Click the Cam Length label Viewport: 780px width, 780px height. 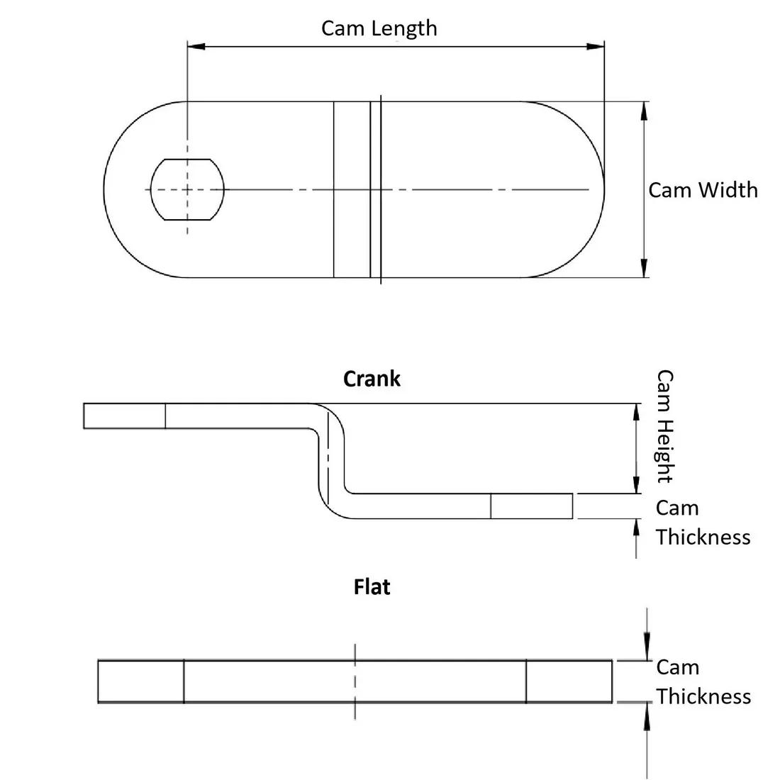click(379, 28)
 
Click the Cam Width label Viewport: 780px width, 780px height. click(703, 190)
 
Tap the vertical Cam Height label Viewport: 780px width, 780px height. click(664, 425)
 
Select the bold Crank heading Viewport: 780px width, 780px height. click(372, 379)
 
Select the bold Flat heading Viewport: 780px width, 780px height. click(372, 587)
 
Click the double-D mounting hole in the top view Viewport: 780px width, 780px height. click(187, 189)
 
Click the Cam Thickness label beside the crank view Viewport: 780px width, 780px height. click(702, 523)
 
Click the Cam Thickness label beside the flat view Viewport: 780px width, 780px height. click(702, 681)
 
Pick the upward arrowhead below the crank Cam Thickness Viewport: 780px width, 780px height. click(636, 528)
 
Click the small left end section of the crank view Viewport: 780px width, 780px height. click(124, 416)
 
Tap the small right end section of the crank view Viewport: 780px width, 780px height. click(531, 506)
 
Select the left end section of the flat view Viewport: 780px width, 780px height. click(140, 681)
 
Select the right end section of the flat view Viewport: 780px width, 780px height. click(569, 681)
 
